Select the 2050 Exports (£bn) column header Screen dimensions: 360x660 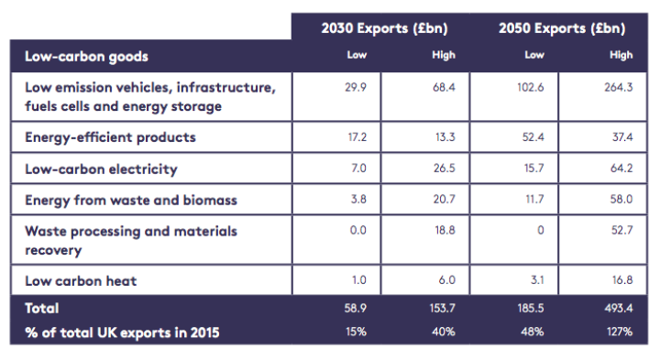561,28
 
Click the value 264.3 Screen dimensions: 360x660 621,86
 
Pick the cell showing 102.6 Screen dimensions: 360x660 535,86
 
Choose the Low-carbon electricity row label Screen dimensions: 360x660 101,169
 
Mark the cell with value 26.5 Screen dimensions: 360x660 443,169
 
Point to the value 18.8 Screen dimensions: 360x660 443,232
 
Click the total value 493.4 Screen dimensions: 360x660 621,309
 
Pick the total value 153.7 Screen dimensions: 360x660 443,309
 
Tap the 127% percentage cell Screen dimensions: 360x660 621,331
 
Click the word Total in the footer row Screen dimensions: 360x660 41,309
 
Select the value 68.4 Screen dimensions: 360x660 443,86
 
